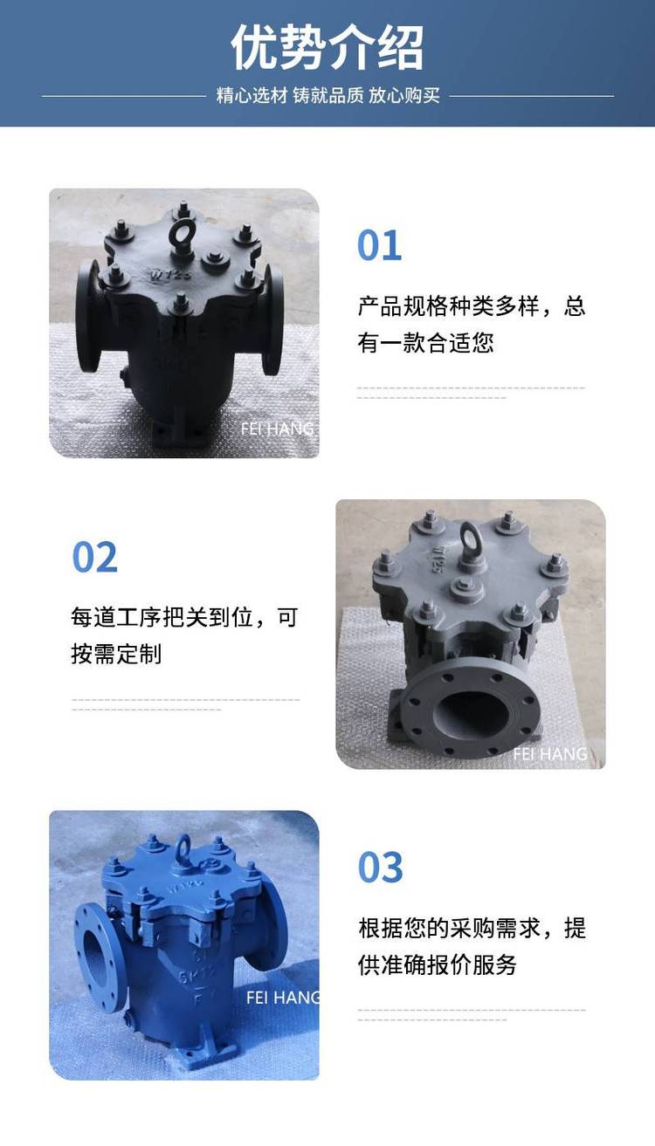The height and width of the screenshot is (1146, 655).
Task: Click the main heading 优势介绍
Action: point(327,47)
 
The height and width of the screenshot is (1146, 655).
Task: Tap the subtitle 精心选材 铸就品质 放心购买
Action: point(327,95)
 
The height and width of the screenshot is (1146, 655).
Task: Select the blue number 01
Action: point(379,245)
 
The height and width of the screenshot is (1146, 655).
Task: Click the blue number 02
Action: point(94,557)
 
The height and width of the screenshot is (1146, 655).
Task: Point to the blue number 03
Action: point(380,868)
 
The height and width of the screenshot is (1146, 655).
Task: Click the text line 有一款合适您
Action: point(426,342)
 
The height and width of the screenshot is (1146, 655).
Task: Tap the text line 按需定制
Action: point(116,654)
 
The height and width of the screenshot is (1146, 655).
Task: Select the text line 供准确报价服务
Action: point(437,964)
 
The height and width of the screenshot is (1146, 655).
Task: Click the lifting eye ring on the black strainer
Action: point(181,233)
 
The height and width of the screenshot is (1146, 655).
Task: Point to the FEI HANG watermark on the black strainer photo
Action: point(278,429)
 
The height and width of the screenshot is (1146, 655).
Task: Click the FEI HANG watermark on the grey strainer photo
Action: point(550,753)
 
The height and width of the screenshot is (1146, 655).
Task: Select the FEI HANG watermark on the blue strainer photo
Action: point(282,997)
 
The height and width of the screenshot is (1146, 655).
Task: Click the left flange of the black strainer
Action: point(87,317)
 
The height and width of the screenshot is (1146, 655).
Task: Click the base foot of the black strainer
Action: point(179,434)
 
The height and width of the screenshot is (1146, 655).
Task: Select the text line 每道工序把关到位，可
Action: point(184,617)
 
